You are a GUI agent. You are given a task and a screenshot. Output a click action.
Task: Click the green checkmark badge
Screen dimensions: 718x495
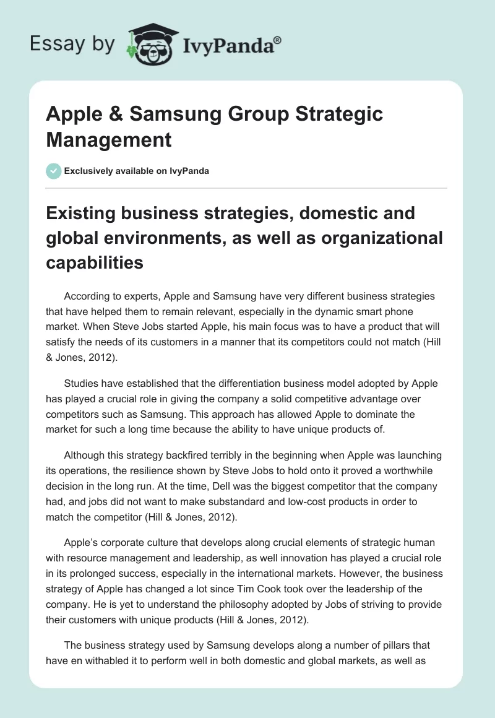coord(54,171)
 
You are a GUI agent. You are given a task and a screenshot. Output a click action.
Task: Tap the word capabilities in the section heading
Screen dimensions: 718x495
coord(95,262)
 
